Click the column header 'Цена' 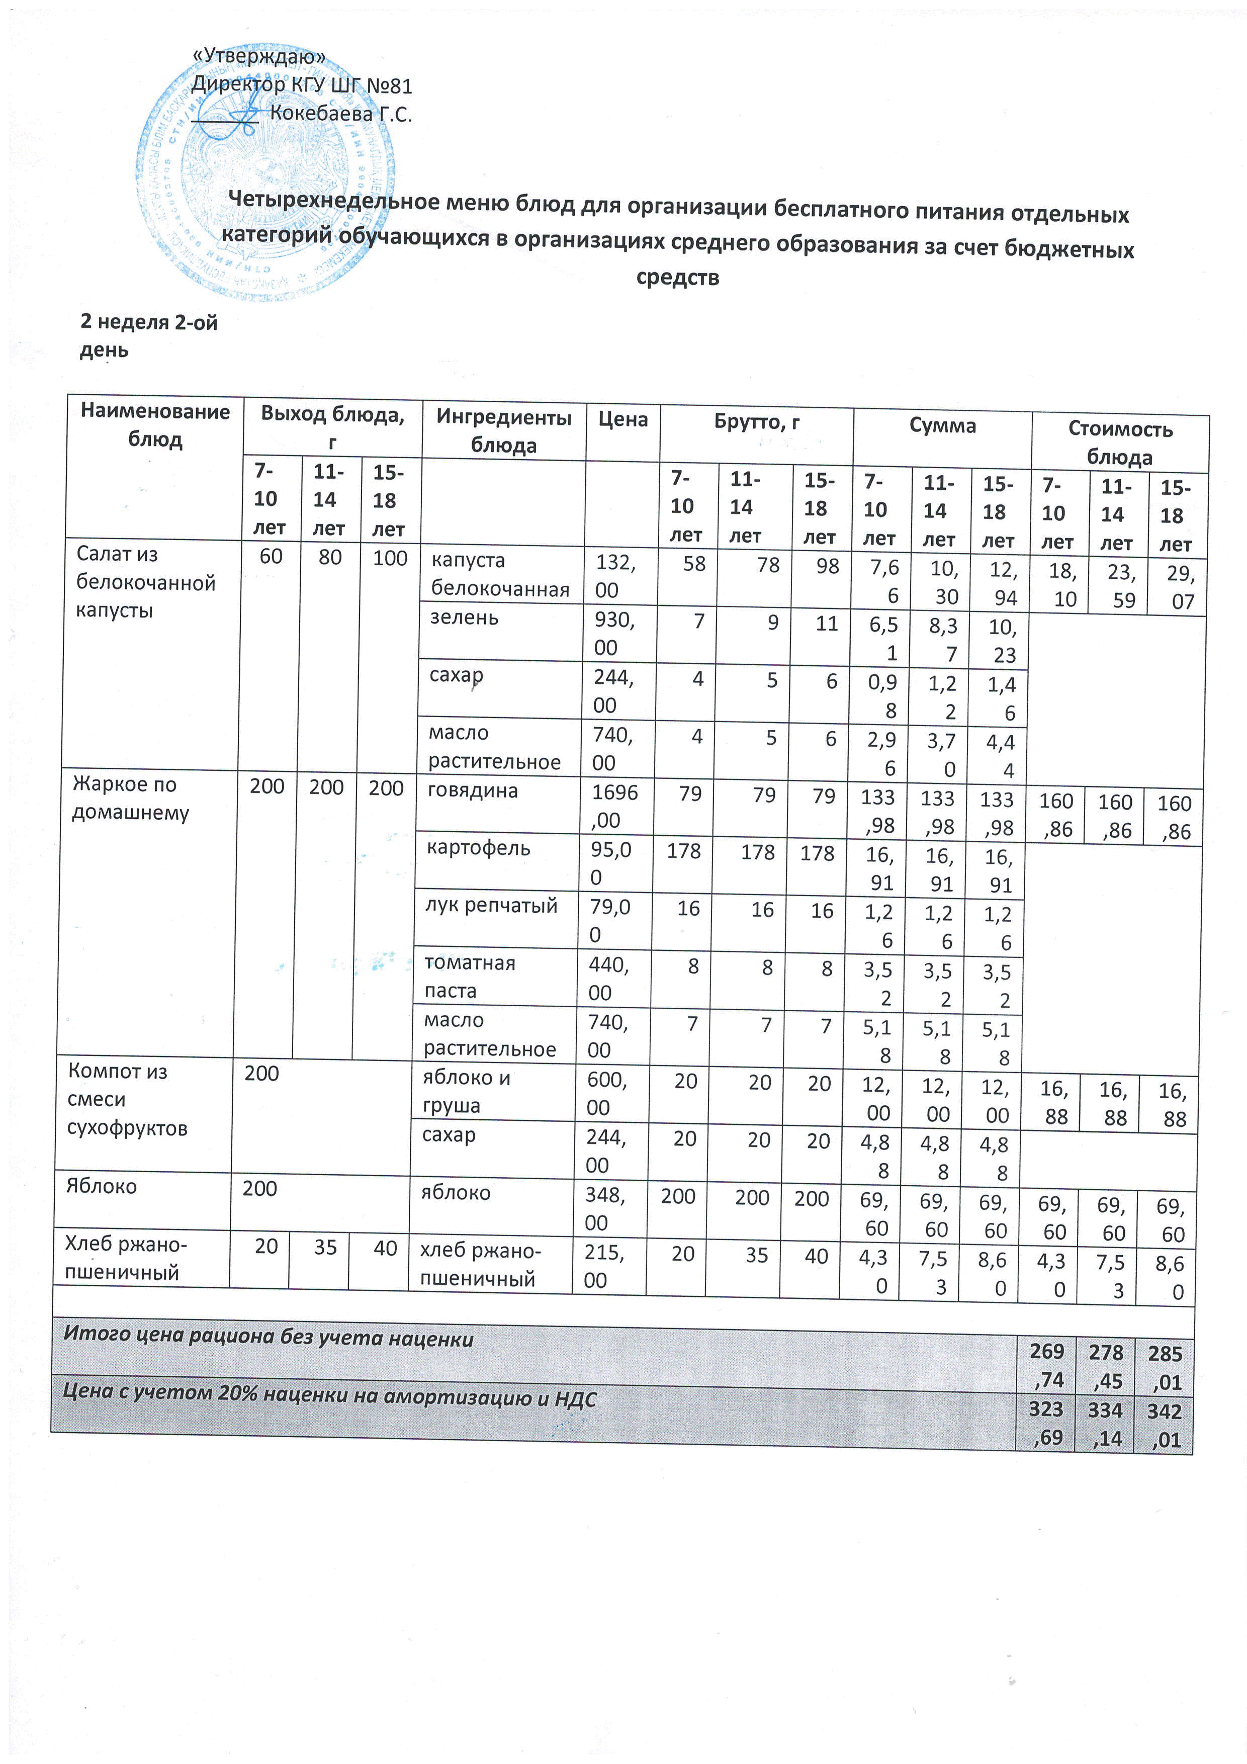tap(622, 419)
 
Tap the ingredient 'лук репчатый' tap(491, 905)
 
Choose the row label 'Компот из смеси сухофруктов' tap(127, 1099)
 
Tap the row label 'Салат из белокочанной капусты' tap(145, 582)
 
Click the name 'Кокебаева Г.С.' tap(341, 115)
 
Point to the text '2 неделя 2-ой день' tap(148, 336)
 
